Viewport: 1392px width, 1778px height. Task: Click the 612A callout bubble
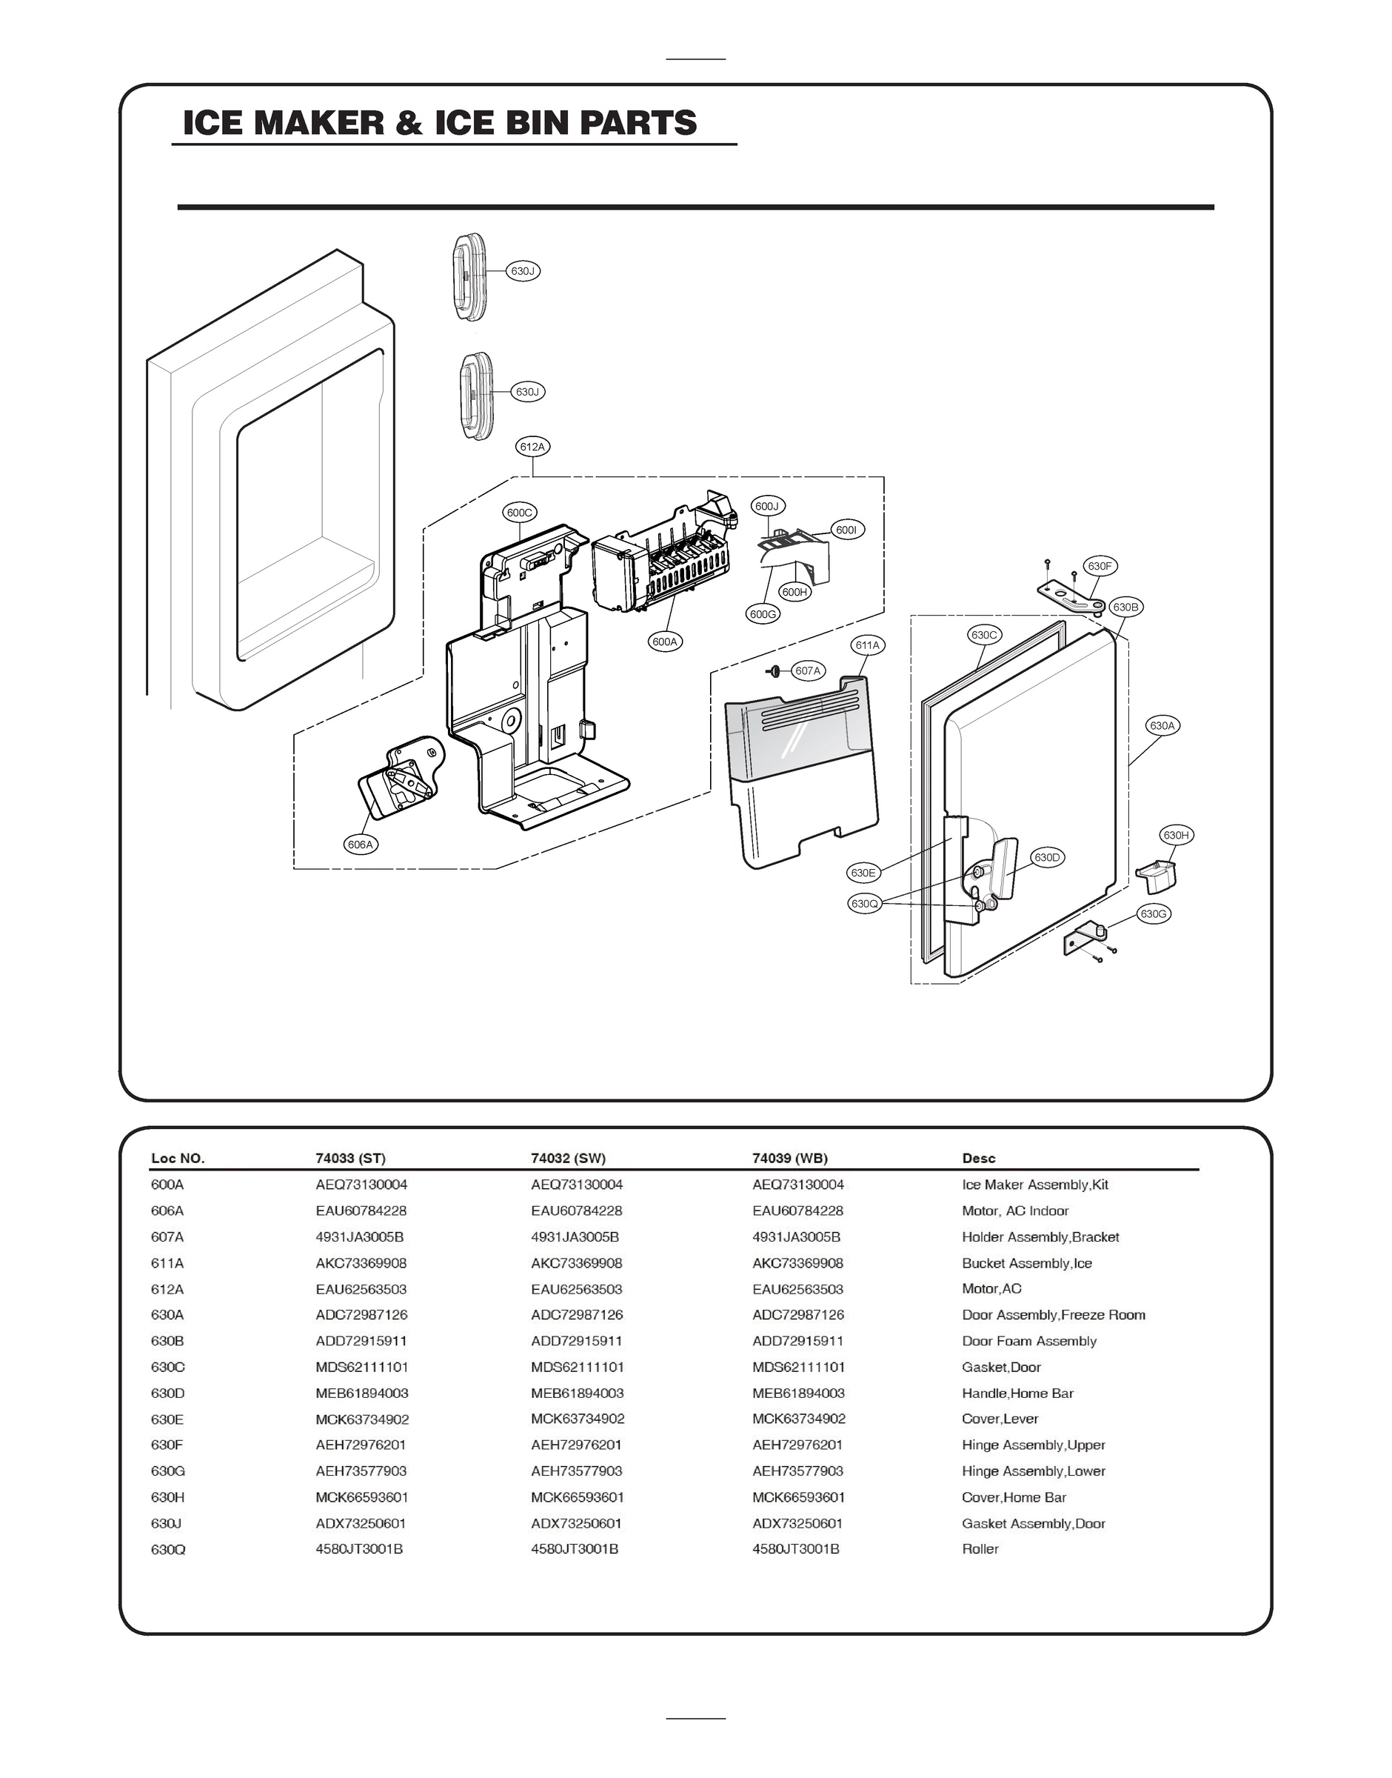(x=532, y=447)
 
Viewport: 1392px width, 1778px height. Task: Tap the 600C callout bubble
(x=519, y=513)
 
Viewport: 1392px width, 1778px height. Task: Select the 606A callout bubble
(x=361, y=845)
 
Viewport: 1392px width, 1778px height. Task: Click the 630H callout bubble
(x=1176, y=835)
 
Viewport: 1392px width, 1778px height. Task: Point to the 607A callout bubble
(x=808, y=671)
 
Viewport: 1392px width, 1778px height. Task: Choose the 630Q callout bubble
(x=864, y=903)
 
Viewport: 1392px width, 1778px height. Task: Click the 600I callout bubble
(x=847, y=530)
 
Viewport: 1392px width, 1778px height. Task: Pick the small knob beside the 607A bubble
(x=774, y=671)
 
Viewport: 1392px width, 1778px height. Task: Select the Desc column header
(x=978, y=1159)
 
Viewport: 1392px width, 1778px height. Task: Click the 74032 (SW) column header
(x=568, y=1159)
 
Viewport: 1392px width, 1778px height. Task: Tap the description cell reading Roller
(x=980, y=1549)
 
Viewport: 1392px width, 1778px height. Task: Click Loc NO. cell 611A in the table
(x=167, y=1263)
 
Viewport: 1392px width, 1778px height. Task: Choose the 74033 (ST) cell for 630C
(x=362, y=1367)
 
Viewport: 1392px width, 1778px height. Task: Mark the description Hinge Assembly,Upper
(x=1034, y=1445)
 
